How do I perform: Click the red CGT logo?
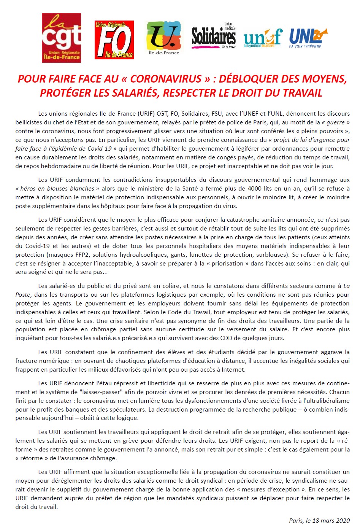(61, 38)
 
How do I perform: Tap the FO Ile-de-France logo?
(114, 40)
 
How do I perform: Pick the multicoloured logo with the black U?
(164, 37)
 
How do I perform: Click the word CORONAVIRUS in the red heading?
(166, 79)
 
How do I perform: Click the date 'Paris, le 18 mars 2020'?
(319, 520)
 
